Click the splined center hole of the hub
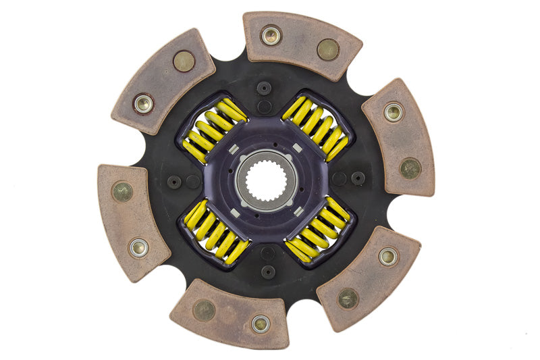[x=266, y=180]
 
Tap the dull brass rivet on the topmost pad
[x=328, y=49]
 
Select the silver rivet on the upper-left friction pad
[x=143, y=103]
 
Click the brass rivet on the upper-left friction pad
[x=184, y=61]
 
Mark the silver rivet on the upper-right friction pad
[x=394, y=111]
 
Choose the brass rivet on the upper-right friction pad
[x=410, y=168]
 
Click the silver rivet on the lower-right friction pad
[x=387, y=256]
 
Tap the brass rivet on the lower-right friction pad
[x=348, y=298]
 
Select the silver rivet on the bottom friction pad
[x=261, y=324]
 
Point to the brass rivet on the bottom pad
[x=204, y=310]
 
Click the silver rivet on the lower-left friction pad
[x=139, y=248]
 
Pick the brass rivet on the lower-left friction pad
[x=122, y=192]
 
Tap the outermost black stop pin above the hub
[x=264, y=88]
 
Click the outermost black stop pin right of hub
[x=358, y=178]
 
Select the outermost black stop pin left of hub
[x=174, y=182]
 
